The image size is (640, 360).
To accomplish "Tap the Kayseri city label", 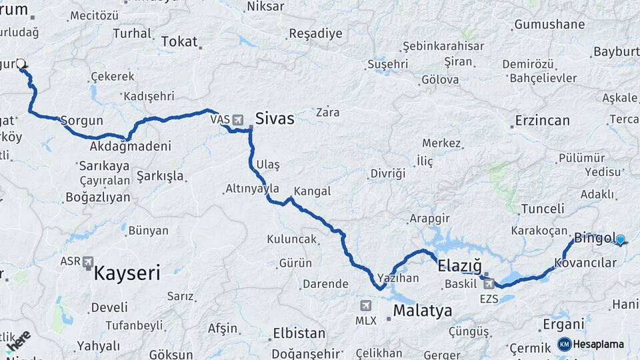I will tap(127, 272).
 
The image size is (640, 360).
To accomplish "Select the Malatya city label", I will tap(422, 311).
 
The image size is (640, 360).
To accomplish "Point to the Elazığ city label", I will tap(459, 266).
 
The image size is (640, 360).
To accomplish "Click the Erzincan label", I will tap(542, 121).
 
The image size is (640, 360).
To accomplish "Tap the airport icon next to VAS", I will tap(237, 120).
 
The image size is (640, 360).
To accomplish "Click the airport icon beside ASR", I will tap(87, 262).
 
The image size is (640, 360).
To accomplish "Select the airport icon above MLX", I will tap(365, 306).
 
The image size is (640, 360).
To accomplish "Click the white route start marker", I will tap(21, 64).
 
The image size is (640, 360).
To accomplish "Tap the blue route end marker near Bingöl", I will tap(620, 239).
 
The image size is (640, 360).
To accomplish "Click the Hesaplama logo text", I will tap(598, 345).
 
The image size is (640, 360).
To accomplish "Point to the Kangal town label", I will tap(312, 191).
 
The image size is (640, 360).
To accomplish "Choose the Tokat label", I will tap(179, 42).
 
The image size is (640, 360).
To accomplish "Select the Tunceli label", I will tap(543, 209).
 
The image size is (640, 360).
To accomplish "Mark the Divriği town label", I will tap(387, 173).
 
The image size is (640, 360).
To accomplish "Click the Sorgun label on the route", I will tap(81, 121).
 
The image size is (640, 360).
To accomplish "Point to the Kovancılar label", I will tap(585, 263).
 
